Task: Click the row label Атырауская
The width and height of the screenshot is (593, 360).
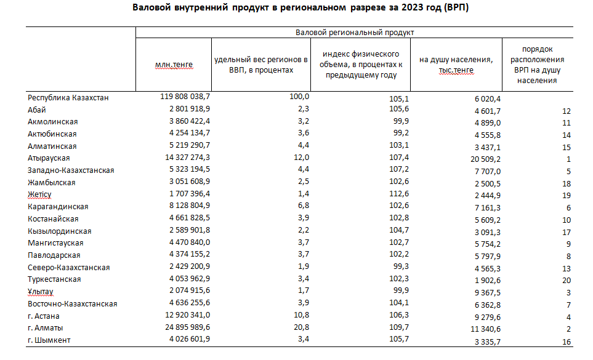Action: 49,158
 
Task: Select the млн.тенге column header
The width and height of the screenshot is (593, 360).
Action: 174,65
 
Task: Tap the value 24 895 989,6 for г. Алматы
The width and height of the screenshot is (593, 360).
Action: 188,327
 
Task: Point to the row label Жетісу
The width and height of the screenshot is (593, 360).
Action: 39,194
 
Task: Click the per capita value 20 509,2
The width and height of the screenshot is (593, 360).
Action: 486,159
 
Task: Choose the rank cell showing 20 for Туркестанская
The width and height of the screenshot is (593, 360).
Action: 566,280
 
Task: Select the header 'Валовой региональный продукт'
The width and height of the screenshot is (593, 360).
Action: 355,33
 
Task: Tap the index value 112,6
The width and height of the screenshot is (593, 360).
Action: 399,193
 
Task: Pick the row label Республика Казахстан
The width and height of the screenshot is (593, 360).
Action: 68,97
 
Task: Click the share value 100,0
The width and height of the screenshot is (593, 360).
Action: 299,97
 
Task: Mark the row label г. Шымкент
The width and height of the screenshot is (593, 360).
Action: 49,340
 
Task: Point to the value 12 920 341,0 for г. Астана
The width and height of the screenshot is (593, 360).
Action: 188,314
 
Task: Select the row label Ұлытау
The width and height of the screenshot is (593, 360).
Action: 41,292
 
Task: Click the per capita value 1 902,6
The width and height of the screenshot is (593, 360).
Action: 488,280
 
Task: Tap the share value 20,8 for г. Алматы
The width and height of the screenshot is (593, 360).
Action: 301,327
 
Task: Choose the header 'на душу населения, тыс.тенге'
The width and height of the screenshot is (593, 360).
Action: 456,65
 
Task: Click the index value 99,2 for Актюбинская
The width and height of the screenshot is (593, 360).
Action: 401,132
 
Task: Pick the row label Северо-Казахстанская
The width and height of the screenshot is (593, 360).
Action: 69,268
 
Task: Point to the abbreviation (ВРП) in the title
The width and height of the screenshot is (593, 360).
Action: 456,7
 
